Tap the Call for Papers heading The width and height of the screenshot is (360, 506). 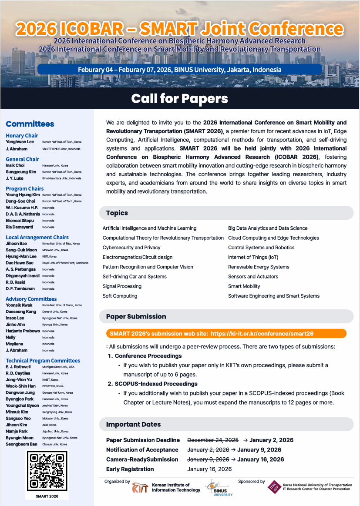(x=180, y=99)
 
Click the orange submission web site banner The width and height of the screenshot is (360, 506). (x=226, y=334)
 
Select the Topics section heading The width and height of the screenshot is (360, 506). (x=117, y=213)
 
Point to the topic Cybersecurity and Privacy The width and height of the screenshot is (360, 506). (x=131, y=248)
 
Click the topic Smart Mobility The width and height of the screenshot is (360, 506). (x=244, y=286)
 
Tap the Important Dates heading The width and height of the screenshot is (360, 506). (x=133, y=424)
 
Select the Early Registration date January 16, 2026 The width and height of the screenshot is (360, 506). (x=209, y=469)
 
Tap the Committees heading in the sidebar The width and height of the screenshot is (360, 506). (x=30, y=124)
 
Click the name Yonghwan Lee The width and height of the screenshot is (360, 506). (x=20, y=142)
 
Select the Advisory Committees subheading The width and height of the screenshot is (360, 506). (x=31, y=299)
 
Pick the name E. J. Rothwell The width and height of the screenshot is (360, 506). (x=19, y=367)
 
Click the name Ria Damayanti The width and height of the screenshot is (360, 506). (x=20, y=227)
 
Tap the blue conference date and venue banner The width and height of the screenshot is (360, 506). (x=179, y=70)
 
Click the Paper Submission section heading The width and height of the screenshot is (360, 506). (x=136, y=316)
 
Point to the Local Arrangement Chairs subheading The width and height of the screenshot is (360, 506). (x=37, y=237)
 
